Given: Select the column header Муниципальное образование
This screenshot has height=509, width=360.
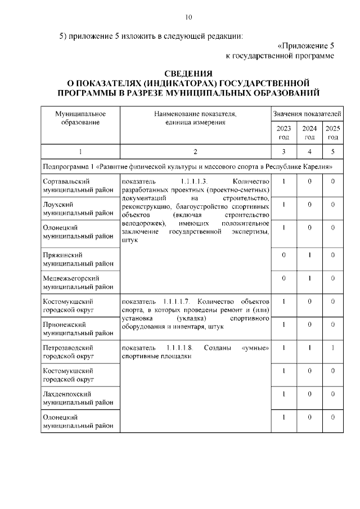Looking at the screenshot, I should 80,118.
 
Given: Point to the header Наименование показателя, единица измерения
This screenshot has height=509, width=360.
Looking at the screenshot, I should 195,118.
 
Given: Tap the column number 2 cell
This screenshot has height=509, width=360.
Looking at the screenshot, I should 195,151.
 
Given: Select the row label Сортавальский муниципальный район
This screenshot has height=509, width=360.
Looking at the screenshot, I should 78,186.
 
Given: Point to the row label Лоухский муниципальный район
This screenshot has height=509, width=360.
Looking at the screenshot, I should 78,209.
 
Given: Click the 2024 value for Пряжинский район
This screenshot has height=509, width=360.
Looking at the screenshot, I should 309,255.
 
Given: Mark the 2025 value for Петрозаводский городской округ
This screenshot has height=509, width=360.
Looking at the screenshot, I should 332,348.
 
